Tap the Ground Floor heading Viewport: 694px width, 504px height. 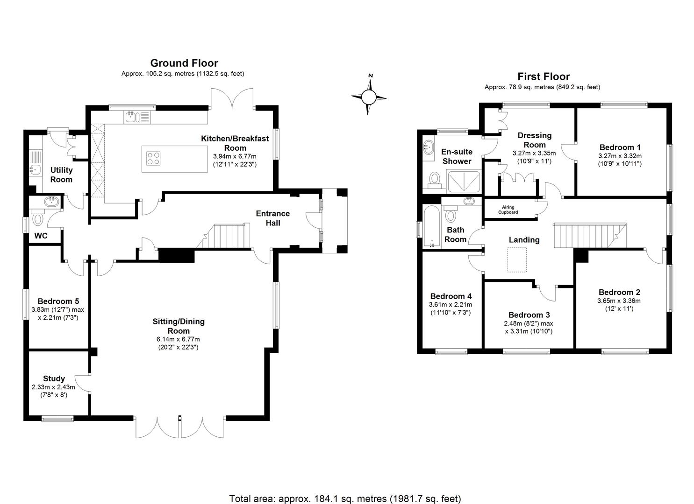tap(184, 63)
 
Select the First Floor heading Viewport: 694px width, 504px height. tap(544, 77)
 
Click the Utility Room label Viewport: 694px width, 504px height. tap(61, 175)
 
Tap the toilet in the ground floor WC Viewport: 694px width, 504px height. tap(38, 218)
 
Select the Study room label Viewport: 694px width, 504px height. tap(54, 378)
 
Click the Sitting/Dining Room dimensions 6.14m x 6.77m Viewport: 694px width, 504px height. tap(179, 339)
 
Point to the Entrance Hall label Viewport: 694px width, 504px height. tap(273, 218)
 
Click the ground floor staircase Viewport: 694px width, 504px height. tap(229, 236)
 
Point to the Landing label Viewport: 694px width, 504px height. tap(524, 240)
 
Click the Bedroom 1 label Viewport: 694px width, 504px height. tap(620, 147)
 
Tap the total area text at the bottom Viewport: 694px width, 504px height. tap(345, 498)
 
